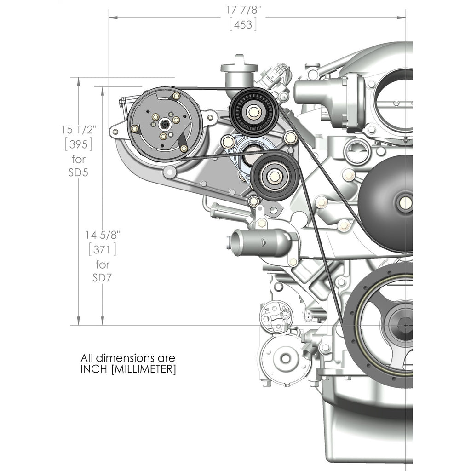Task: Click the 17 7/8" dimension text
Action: (x=243, y=10)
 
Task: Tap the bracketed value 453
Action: (x=243, y=24)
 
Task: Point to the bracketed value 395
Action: (x=78, y=144)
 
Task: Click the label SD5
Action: (x=78, y=172)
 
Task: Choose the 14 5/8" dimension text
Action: (x=103, y=235)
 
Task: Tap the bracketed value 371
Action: (x=103, y=250)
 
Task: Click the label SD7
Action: (x=102, y=278)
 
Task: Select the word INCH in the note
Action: (x=94, y=369)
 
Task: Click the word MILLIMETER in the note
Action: (x=144, y=369)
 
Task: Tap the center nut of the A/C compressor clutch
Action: (x=165, y=123)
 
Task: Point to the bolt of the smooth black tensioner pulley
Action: (x=274, y=176)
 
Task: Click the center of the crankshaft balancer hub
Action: (x=406, y=325)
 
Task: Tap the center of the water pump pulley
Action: (x=406, y=203)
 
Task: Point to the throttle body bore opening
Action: (x=394, y=100)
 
